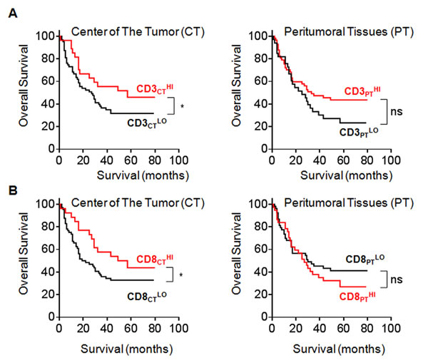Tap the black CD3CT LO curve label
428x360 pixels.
(145, 122)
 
